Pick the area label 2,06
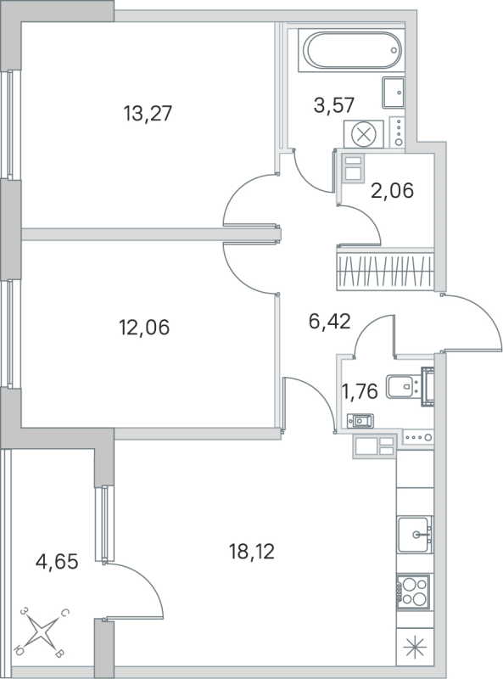[x=392, y=191]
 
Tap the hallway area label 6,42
[x=329, y=321]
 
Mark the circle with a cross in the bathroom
[x=363, y=133]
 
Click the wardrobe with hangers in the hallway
[x=386, y=270]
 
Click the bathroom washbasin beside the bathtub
[x=394, y=92]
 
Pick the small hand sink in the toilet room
[x=361, y=418]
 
